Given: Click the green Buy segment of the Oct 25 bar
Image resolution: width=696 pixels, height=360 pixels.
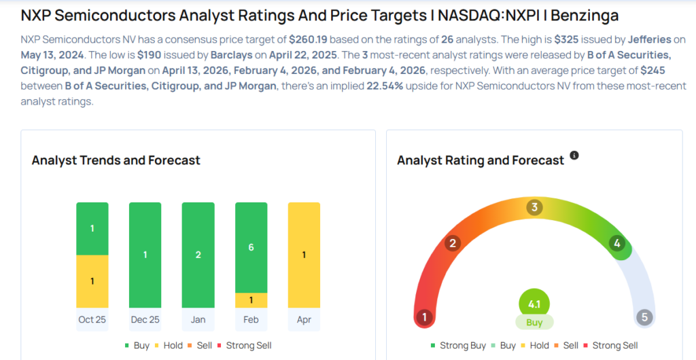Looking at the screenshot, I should [92, 228].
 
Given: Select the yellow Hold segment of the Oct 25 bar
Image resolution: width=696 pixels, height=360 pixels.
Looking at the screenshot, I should [92, 281].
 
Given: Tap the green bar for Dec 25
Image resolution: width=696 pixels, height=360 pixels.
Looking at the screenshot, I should [145, 255].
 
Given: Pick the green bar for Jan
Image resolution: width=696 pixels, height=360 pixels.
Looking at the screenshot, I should [198, 255].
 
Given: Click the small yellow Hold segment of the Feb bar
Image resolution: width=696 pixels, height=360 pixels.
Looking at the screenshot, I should [251, 300].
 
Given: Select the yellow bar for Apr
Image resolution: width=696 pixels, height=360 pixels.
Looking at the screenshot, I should [304, 255].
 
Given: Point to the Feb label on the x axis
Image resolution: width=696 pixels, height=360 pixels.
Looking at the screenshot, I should [251, 319].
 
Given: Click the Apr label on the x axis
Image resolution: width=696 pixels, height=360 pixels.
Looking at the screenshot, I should [304, 319].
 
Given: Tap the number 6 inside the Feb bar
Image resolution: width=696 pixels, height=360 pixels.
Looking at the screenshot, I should [251, 247].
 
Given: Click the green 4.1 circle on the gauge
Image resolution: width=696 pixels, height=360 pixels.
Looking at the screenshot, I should [534, 304].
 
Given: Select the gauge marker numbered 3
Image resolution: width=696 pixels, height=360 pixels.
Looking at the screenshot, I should [534, 207].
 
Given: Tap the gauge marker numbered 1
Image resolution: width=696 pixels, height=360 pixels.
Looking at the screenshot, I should [425, 317].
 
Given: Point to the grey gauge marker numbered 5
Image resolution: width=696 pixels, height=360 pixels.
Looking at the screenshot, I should [644, 317].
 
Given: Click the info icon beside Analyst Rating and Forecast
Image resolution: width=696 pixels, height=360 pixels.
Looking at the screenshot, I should [574, 156].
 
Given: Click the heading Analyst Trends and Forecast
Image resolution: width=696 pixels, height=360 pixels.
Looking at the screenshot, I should [116, 160].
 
